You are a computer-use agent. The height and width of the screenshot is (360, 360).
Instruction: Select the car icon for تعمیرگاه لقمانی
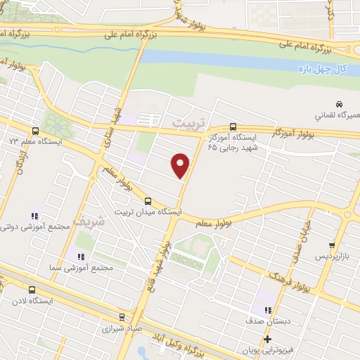pyautogui.click(x=338, y=103)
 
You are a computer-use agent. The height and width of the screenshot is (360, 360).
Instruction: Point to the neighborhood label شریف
pyautogui.click(x=92, y=220)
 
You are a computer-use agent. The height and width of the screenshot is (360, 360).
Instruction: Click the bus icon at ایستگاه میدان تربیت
pyautogui.click(x=147, y=200)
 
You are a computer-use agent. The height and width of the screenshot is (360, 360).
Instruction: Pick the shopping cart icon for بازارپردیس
pyautogui.click(x=332, y=245)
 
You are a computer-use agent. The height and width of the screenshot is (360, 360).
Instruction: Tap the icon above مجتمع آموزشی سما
pyautogui.click(x=81, y=257)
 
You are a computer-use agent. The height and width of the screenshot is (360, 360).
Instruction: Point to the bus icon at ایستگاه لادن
pyautogui.click(x=31, y=290)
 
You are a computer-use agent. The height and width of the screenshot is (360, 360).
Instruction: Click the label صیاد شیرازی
pyautogui.click(x=123, y=328)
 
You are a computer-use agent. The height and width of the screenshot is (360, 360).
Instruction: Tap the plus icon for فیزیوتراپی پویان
pyautogui.click(x=267, y=339)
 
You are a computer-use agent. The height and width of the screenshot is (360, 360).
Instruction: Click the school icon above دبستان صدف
pyautogui.click(x=267, y=309)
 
